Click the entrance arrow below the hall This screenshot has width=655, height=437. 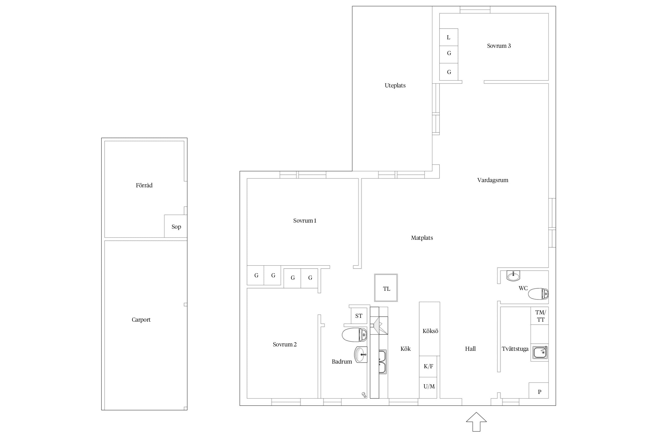[476, 422]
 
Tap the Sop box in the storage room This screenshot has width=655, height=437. [176, 226]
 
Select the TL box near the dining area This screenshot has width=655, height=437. [386, 288]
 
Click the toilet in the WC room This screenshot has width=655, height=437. [538, 294]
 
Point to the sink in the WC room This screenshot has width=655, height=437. [513, 276]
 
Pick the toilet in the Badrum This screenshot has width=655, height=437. [355, 335]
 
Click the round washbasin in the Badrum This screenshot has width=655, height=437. [361, 355]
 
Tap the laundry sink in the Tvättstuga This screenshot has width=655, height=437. [540, 353]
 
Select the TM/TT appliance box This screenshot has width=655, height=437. [540, 316]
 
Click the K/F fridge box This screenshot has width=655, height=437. [428, 366]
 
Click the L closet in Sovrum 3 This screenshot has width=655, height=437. [449, 37]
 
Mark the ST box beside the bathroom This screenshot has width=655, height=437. [359, 316]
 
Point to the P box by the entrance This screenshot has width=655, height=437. [539, 390]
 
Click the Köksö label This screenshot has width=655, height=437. [430, 331]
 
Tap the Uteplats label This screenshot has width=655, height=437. [395, 85]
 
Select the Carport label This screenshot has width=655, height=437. [141, 320]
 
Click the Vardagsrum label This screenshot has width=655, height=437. [493, 180]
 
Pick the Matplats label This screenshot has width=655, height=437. [422, 238]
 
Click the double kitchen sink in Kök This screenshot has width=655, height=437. [382, 362]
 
